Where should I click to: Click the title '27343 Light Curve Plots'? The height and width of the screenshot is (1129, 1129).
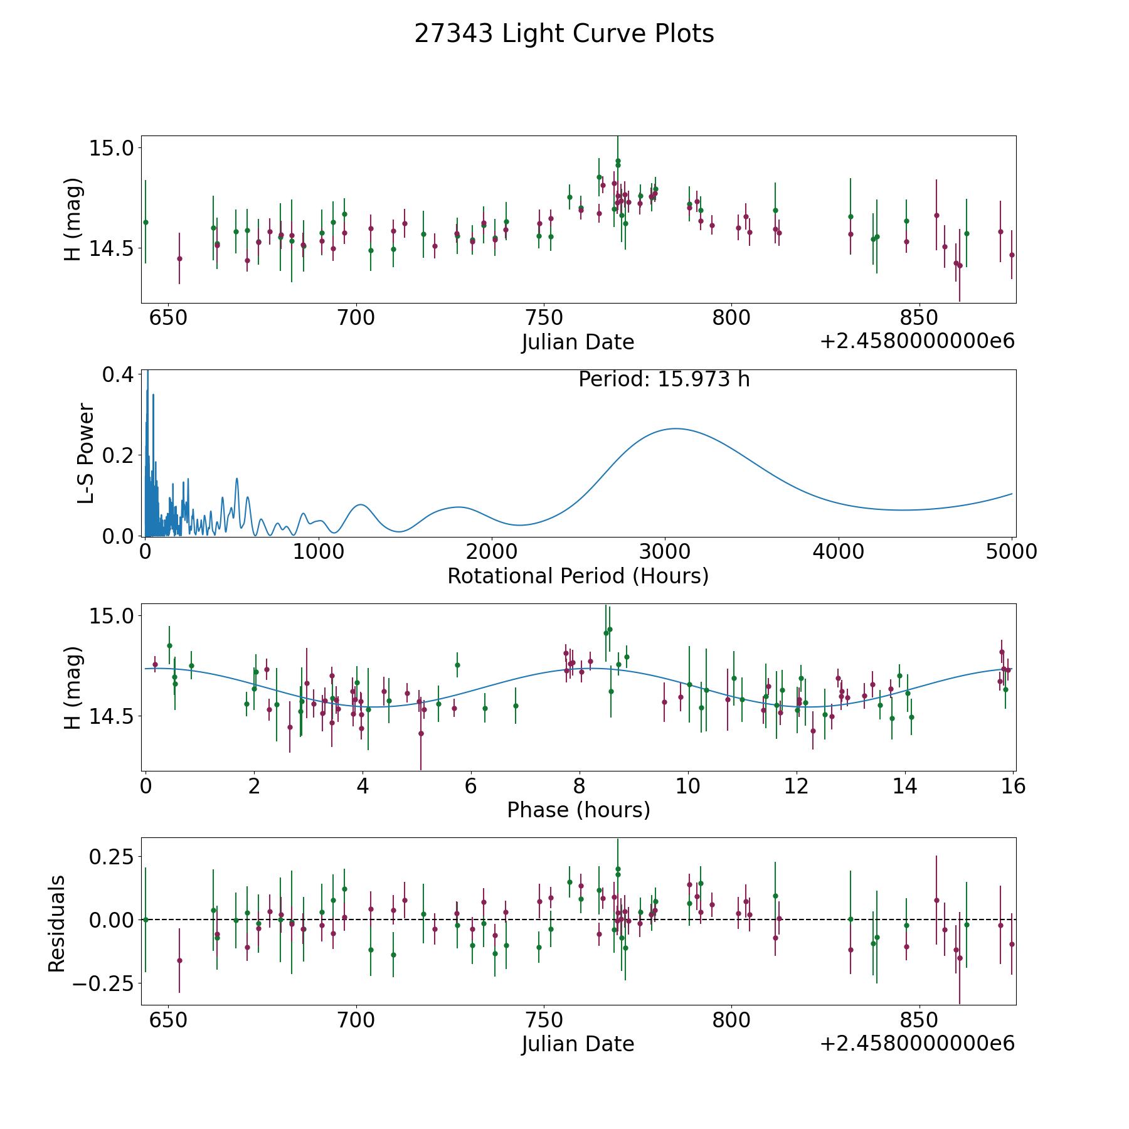[x=564, y=34]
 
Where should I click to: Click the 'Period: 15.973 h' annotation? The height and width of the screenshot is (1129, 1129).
[x=664, y=379]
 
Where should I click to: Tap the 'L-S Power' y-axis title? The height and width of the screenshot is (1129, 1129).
[x=86, y=453]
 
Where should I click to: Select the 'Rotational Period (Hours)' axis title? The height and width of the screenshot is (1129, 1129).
[x=578, y=576]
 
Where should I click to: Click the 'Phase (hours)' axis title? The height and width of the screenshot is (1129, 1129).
[x=578, y=810]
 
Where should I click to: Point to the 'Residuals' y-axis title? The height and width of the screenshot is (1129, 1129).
[x=57, y=923]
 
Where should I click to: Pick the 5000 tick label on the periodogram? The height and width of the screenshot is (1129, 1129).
[x=1012, y=552]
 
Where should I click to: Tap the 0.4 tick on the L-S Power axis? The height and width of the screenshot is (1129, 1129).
[x=117, y=374]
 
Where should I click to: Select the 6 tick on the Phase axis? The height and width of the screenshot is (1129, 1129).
[x=471, y=786]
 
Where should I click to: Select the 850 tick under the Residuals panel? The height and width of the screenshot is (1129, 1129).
[x=919, y=1020]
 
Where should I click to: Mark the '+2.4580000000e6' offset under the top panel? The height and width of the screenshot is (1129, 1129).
[x=917, y=341]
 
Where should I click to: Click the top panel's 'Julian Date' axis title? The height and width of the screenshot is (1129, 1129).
[x=578, y=342]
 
